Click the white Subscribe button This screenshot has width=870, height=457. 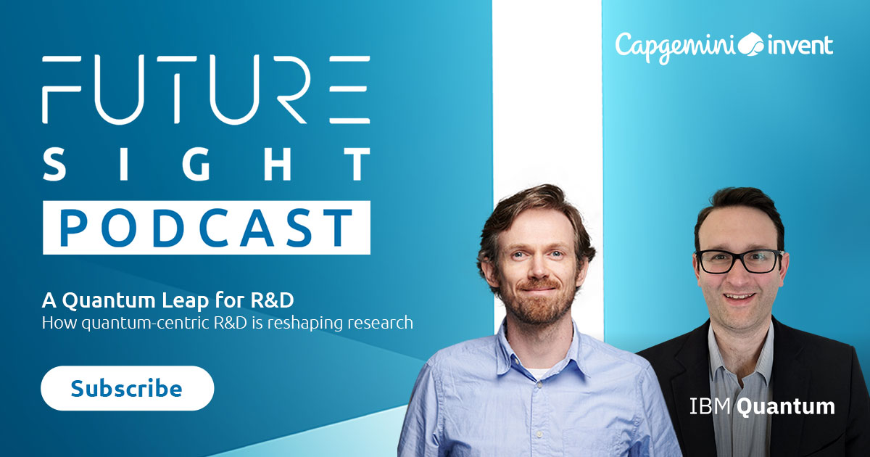(x=127, y=389)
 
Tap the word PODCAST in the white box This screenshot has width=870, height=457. (x=206, y=228)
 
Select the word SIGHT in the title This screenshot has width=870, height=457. (x=206, y=166)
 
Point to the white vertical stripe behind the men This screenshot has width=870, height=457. (x=547, y=109)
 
